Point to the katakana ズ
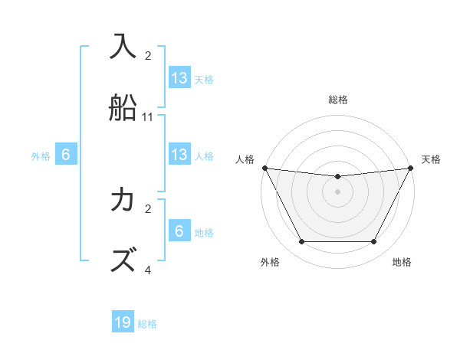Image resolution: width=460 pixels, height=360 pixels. [x=123, y=259]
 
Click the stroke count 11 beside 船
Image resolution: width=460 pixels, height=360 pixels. [x=148, y=117]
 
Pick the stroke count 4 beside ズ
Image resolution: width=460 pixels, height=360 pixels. [x=148, y=270]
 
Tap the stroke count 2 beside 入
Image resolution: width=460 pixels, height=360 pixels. [x=148, y=56]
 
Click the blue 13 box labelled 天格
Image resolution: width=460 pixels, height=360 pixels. [x=179, y=77]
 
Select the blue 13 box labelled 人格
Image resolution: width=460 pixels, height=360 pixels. [x=179, y=154]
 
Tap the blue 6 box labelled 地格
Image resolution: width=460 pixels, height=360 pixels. [x=179, y=231]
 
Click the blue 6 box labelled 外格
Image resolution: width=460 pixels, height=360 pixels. [x=66, y=154]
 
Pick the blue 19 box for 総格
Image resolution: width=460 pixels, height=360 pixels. [x=123, y=322]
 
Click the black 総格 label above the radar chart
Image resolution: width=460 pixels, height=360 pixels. [x=337, y=100]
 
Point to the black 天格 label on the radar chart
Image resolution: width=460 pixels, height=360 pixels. [x=431, y=159]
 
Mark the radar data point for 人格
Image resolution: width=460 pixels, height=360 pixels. [x=264, y=168]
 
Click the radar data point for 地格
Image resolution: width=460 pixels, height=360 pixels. [x=374, y=242]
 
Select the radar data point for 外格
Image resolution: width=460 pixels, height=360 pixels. [x=301, y=242]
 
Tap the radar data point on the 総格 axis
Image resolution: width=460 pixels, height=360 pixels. [x=337, y=177]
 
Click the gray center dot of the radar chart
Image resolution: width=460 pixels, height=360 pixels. [x=337, y=191]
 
